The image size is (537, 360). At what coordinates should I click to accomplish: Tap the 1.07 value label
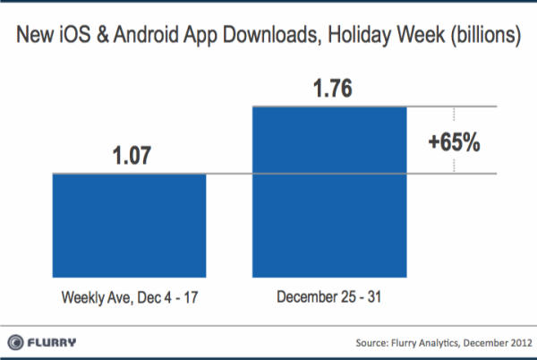point(130,155)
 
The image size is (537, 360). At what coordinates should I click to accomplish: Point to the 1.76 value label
point(331,88)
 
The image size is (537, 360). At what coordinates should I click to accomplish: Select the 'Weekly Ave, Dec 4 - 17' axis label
point(130,296)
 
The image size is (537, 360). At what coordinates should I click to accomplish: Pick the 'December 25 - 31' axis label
point(331,296)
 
